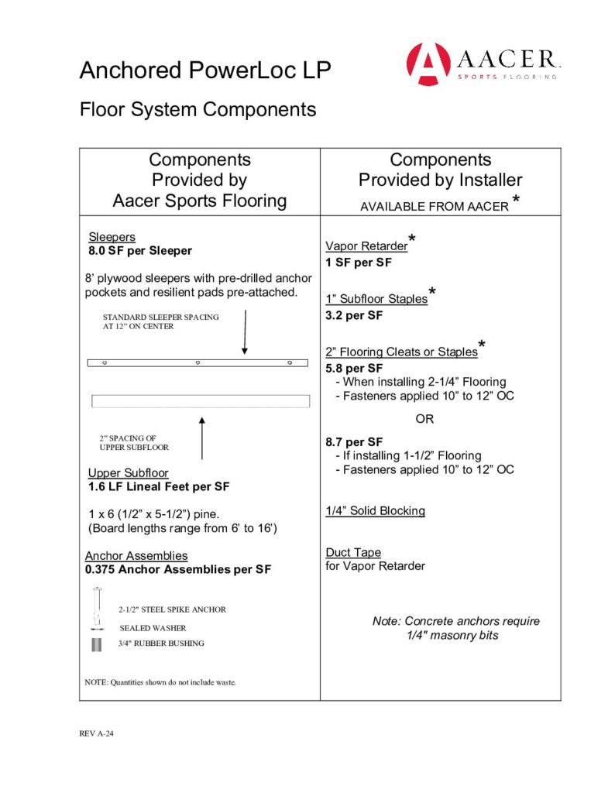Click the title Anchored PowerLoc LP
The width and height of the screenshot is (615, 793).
click(x=205, y=71)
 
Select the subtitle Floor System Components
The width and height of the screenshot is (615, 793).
click(x=198, y=109)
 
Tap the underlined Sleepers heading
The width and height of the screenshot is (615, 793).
click(x=112, y=237)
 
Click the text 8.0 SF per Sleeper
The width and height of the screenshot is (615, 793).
click(x=139, y=251)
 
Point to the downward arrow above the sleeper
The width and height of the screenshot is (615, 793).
click(x=244, y=333)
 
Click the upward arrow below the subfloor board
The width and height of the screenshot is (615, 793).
click(x=201, y=438)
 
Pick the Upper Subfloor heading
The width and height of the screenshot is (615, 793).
click(x=128, y=472)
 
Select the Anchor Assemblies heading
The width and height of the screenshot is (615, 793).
click(x=136, y=556)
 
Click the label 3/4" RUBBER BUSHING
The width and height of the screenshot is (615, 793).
click(x=161, y=644)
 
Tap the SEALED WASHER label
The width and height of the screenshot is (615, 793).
click(x=153, y=628)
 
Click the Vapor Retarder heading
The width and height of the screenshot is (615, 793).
click(x=366, y=246)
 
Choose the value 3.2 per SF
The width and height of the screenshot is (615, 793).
click(x=354, y=316)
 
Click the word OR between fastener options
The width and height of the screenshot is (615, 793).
click(x=424, y=419)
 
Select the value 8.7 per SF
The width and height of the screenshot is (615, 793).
click(x=354, y=442)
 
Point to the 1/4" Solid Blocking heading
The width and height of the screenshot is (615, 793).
click(x=375, y=511)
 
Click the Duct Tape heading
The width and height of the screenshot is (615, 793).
click(x=352, y=552)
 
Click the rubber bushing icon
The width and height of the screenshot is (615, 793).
click(x=96, y=645)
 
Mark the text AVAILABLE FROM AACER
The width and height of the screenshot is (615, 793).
click(x=434, y=207)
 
